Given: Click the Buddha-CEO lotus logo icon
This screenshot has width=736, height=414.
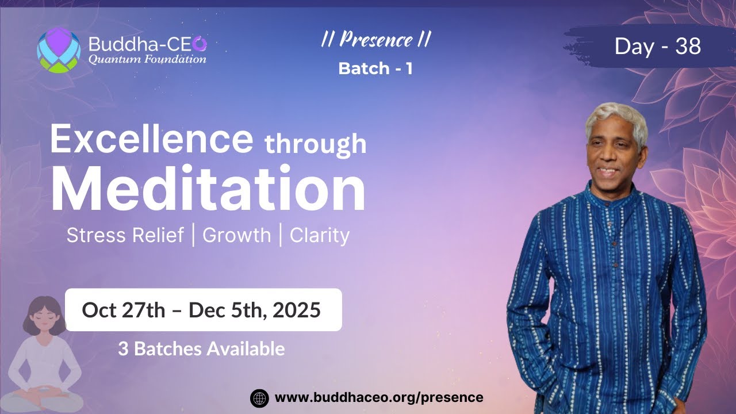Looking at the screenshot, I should pyautogui.click(x=59, y=50).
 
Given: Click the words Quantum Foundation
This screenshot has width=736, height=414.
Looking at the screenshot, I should pyautogui.click(x=147, y=59).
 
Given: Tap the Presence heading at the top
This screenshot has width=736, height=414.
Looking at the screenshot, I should pyautogui.click(x=375, y=40).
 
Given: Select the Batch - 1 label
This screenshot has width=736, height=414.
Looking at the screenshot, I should pyautogui.click(x=375, y=68).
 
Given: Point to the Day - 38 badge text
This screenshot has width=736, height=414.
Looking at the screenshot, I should pyautogui.click(x=657, y=46).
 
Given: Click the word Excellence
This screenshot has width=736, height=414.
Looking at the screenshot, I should pyautogui.click(x=151, y=140).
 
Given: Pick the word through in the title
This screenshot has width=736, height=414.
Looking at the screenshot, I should pyautogui.click(x=315, y=144).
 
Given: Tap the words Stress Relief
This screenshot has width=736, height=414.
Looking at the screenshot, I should pyautogui.click(x=125, y=235).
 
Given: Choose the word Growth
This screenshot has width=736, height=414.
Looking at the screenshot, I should pyautogui.click(x=236, y=235).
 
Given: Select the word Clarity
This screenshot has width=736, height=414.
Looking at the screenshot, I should pyautogui.click(x=320, y=235).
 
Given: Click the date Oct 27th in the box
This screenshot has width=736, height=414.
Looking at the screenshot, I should pyautogui.click(x=123, y=310).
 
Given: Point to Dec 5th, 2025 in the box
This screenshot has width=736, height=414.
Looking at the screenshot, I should pyautogui.click(x=254, y=310).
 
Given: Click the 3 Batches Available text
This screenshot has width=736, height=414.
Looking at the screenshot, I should pyautogui.click(x=201, y=348).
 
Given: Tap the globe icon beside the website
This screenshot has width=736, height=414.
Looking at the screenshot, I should pyautogui.click(x=259, y=398).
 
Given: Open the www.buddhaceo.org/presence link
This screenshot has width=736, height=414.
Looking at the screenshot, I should pyautogui.click(x=379, y=397).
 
